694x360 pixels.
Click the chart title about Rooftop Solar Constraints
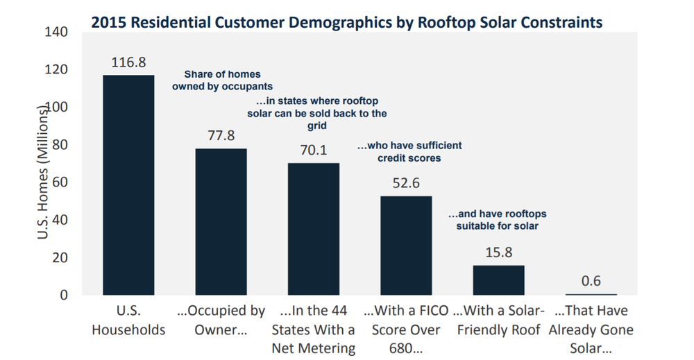(346, 22)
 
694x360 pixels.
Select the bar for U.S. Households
(128, 185)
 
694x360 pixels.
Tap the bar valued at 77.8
(221, 221)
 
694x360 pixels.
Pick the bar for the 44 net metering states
(314, 229)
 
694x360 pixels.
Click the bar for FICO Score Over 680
(406, 246)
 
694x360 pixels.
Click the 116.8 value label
(128, 63)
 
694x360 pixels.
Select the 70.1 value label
(314, 151)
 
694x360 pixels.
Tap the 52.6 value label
(406, 184)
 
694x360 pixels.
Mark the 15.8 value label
(498, 253)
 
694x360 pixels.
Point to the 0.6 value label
(591, 281)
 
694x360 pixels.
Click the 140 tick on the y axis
(56, 32)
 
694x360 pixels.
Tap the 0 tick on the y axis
(63, 295)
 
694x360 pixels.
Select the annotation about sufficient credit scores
(409, 152)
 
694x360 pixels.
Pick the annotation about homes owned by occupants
(223, 80)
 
